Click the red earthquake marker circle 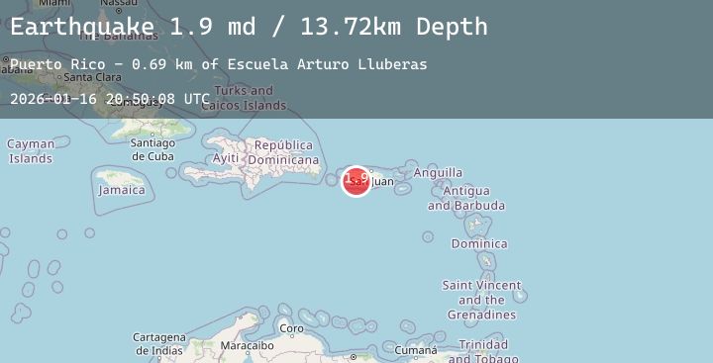[356, 181]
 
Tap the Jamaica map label [122, 190]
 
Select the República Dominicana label [283, 152]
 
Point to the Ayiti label [226, 158]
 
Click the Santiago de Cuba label [153, 149]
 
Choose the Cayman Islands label [31, 151]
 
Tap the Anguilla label [438, 173]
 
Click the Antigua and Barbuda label [465, 198]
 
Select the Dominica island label [479, 243]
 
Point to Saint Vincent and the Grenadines [480, 300]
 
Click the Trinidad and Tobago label [483, 351]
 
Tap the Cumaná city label [415, 350]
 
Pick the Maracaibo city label [247, 346]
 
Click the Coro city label [291, 328]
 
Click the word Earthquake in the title [83, 27]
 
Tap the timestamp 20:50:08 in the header [142, 99]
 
